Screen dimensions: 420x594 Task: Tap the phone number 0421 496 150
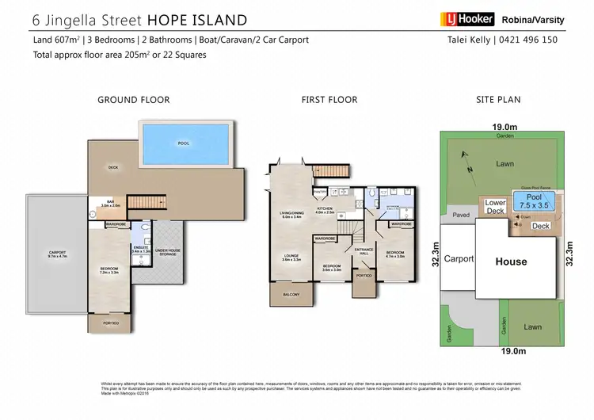[545, 40]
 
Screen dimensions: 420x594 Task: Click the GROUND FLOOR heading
[133, 100]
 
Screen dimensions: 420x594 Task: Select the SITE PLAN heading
[499, 100]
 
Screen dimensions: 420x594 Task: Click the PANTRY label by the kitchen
[320, 191]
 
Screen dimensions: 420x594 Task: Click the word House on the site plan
[511, 262]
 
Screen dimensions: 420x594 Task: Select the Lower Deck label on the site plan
[495, 207]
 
